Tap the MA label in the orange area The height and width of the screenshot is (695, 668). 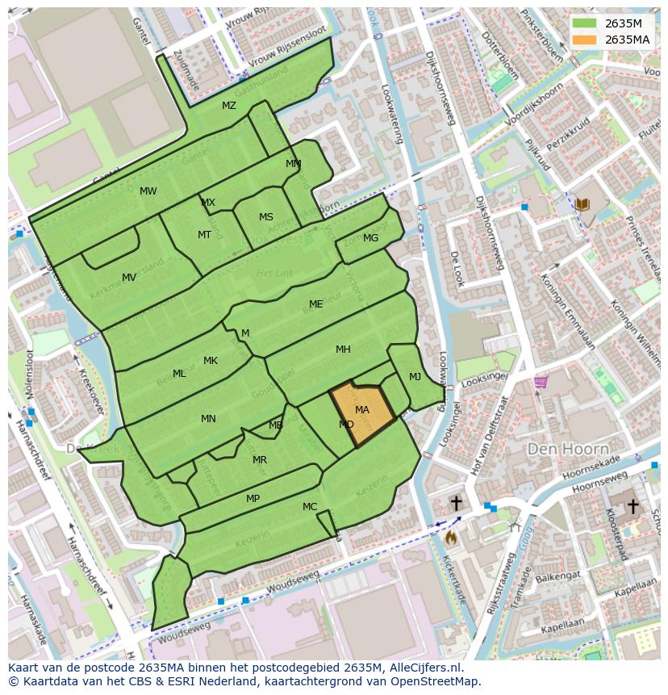[362, 410]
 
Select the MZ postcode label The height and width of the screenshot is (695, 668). [229, 106]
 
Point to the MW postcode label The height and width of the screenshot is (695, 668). [148, 191]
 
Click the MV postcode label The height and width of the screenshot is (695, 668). [129, 278]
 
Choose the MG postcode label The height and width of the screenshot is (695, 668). [370, 238]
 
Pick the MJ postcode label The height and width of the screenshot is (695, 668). [415, 377]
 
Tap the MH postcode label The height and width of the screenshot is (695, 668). [343, 350]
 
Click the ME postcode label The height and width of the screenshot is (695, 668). [316, 304]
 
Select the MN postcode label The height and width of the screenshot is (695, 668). [208, 419]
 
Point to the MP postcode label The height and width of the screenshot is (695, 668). [253, 499]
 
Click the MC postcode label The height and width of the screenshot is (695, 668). [310, 507]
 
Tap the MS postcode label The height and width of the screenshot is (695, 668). [266, 217]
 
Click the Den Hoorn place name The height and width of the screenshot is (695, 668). [561, 448]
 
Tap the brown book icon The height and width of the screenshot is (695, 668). [582, 206]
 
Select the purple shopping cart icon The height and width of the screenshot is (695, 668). [541, 381]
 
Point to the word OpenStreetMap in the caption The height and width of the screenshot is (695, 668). [438, 681]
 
